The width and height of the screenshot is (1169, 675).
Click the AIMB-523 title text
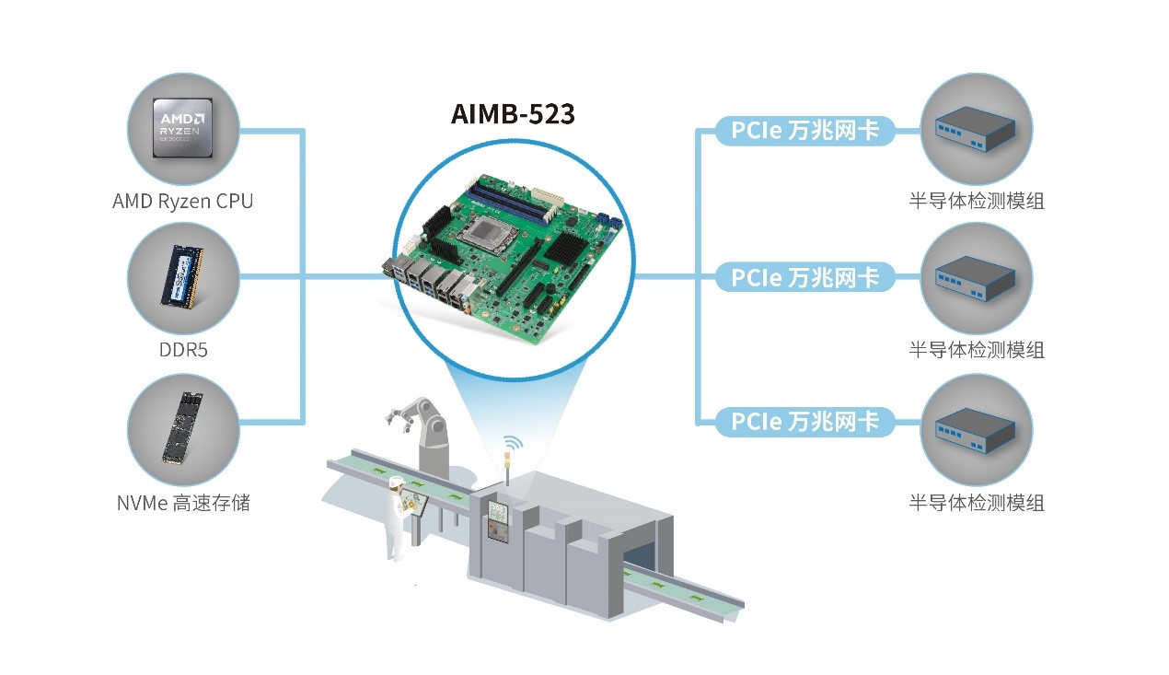[513, 114]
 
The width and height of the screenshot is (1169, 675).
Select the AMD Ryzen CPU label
[182, 201]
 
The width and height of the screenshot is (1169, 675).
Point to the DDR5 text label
[183, 351]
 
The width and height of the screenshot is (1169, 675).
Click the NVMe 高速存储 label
[183, 504]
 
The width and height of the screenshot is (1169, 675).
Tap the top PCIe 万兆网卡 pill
[805, 131]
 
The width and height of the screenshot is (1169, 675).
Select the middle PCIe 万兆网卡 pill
[805, 276]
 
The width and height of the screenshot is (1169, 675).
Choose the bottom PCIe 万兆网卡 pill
[805, 422]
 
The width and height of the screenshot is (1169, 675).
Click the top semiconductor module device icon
[976, 129]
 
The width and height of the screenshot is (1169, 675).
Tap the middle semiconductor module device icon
[976, 277]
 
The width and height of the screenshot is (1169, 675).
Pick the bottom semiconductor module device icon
[976, 429]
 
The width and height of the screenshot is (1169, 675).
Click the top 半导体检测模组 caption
[977, 201]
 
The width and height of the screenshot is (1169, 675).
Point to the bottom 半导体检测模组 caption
[977, 503]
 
